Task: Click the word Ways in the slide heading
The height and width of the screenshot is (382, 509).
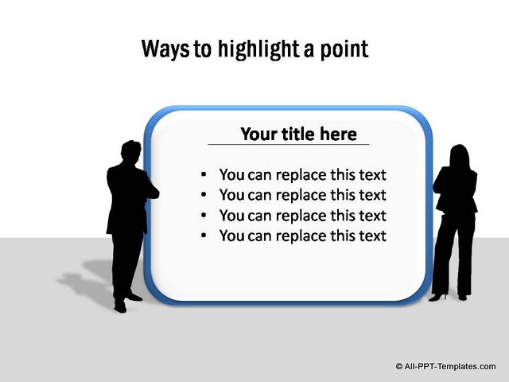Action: click(x=165, y=49)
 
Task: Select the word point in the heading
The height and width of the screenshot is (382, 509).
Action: click(x=344, y=49)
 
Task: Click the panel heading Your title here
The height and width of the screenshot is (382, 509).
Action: click(x=299, y=134)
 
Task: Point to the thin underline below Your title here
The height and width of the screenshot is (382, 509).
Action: click(x=289, y=144)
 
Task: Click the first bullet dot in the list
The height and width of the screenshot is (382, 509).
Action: click(x=204, y=175)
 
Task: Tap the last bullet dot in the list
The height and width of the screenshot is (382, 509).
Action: click(x=204, y=236)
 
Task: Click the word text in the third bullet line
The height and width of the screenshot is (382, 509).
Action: click(x=372, y=216)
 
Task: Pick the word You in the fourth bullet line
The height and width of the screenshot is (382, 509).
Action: click(x=231, y=236)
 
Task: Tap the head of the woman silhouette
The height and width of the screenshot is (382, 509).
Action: click(x=460, y=156)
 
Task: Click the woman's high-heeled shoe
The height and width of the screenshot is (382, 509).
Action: click(x=438, y=297)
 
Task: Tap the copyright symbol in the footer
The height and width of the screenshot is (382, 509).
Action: click(x=399, y=366)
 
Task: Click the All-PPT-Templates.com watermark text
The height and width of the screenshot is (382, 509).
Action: click(x=450, y=366)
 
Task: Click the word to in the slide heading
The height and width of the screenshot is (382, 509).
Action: click(x=203, y=50)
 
